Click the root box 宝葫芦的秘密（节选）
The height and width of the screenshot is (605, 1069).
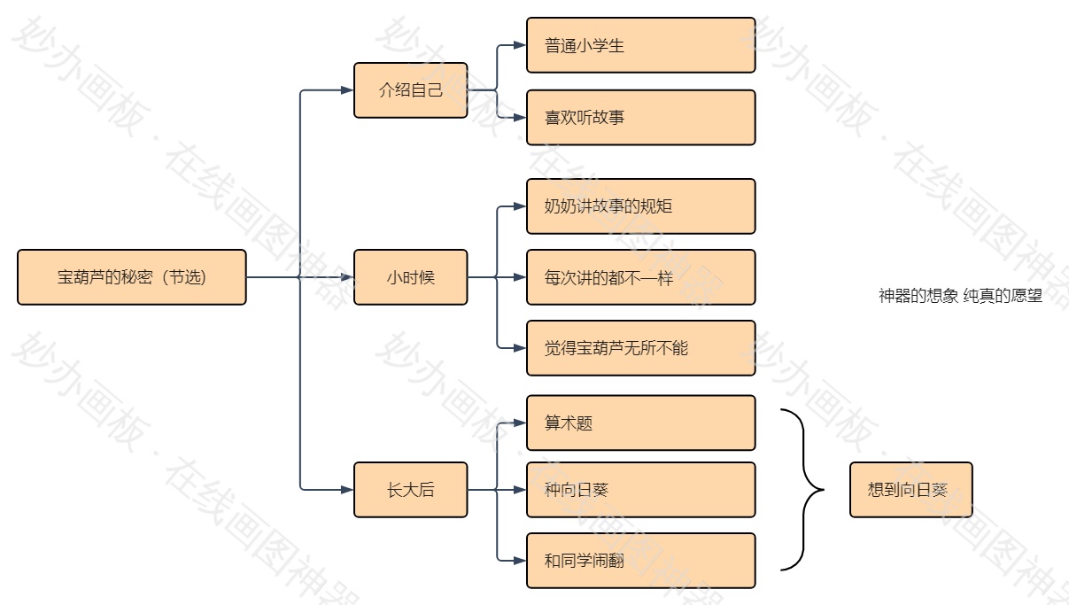[131, 277]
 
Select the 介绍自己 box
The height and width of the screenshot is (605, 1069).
[410, 90]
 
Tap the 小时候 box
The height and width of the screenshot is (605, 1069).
[410, 277]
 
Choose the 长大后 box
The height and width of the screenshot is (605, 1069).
[410, 490]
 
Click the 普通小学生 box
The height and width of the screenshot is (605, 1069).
[640, 45]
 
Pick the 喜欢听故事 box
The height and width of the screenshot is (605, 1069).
[640, 117]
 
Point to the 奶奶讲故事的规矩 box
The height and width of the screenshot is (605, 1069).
[640, 206]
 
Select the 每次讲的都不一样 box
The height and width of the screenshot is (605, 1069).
[640, 277]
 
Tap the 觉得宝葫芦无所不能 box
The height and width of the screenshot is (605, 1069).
[640, 348]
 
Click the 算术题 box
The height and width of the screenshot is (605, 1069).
[640, 423]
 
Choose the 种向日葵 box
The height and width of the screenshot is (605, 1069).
[640, 490]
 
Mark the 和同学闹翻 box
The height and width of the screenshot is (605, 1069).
[640, 561]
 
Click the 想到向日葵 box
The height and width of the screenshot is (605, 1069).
[910, 490]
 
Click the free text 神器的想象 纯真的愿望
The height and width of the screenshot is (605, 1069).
[960, 296]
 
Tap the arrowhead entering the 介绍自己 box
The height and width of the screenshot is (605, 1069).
[347, 90]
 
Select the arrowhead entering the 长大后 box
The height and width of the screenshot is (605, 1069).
[347, 490]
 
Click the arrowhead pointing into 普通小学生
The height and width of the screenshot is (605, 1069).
[520, 45]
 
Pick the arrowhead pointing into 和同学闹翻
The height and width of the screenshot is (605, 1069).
[520, 561]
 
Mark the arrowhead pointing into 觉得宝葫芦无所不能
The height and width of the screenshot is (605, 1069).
[520, 348]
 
